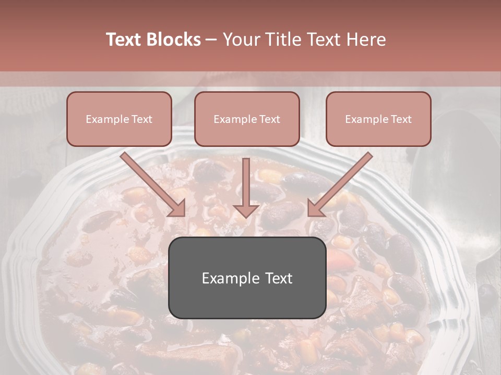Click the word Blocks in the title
174,40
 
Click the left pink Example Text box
119,119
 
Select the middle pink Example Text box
247,119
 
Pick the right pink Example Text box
378,119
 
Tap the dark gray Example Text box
247,278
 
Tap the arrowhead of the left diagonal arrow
177,208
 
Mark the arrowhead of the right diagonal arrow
315,208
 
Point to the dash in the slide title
211,40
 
